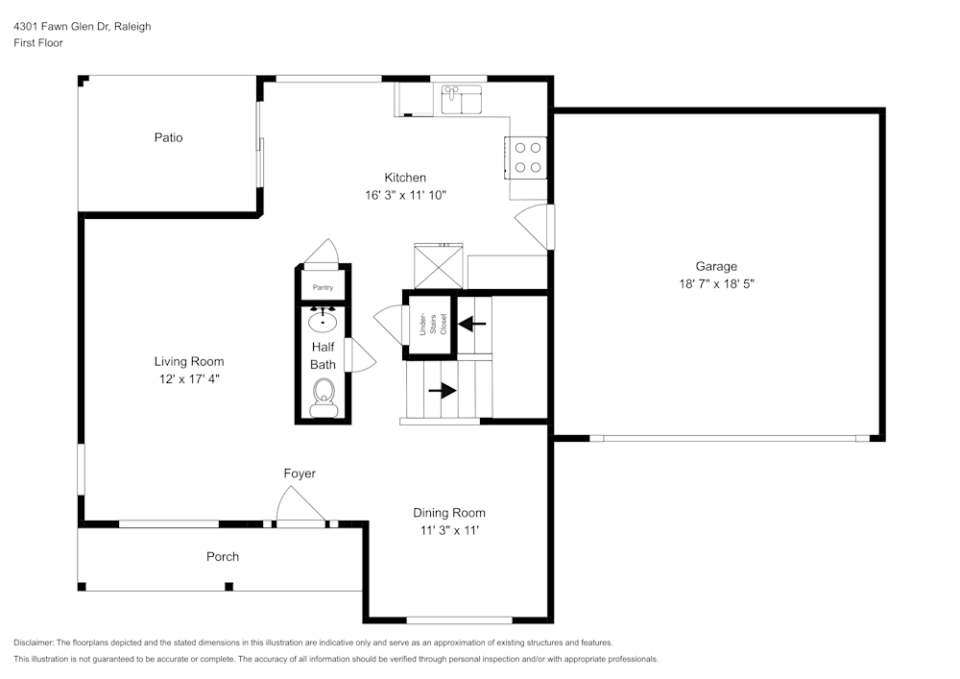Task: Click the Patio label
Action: [168, 137]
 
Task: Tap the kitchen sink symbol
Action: [462, 99]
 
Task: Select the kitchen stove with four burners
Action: [526, 158]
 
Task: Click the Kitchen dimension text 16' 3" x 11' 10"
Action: [405, 195]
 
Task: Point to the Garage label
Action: [716, 266]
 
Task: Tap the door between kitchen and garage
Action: [534, 226]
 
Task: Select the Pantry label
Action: [323, 287]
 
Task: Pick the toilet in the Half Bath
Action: [324, 395]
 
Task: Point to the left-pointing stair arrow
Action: [472, 324]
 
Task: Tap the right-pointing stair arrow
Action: [443, 391]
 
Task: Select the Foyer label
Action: [300, 473]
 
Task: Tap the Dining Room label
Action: [449, 513]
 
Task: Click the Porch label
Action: [223, 556]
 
